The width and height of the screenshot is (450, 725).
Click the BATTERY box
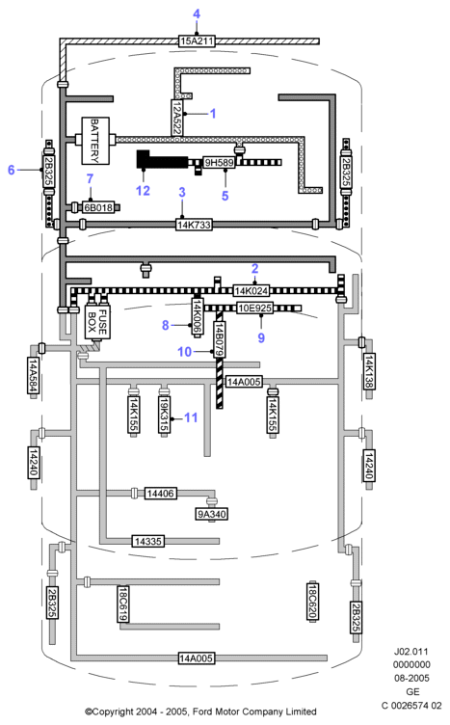tap(95, 141)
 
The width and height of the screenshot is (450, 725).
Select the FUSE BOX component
tap(97, 322)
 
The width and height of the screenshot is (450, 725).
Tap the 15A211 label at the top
tap(197, 41)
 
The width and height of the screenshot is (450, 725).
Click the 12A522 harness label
tap(177, 118)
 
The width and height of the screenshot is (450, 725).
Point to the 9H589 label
tap(219, 162)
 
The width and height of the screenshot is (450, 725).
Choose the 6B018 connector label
tap(98, 207)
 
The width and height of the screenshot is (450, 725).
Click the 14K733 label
tap(194, 225)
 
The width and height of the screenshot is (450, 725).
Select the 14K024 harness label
tap(251, 291)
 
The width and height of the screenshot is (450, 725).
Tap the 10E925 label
tap(255, 308)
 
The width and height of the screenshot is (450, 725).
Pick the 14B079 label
tap(219, 339)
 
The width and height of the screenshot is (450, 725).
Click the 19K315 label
tap(164, 415)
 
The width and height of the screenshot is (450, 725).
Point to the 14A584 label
tap(33, 375)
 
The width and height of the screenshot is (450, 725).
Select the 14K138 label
tap(369, 371)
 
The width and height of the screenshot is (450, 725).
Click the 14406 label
tap(160, 494)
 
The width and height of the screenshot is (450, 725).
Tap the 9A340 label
tap(212, 514)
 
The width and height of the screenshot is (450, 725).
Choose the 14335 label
tap(147, 541)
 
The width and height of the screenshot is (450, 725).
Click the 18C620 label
tap(313, 601)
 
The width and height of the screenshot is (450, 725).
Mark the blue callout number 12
tap(144, 191)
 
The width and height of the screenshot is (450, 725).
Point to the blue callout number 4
tap(197, 13)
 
